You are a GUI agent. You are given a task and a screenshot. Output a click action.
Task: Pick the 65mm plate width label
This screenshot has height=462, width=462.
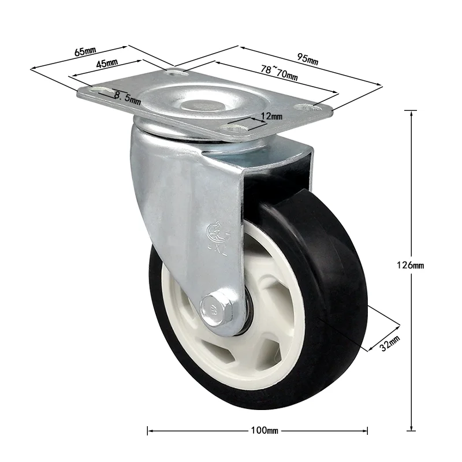click(85, 51)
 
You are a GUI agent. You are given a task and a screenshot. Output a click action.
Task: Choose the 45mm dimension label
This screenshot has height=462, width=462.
click(107, 63)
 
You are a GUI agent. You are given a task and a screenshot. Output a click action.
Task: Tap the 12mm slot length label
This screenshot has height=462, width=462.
click(271, 116)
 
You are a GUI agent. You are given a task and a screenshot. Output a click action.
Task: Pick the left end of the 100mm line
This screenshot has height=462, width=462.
click(148, 430)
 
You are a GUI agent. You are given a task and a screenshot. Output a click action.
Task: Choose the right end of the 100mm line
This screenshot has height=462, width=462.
click(367, 430)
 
